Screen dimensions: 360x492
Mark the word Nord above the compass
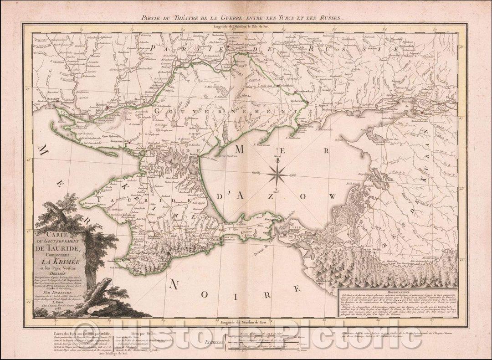(x=277, y=158)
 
